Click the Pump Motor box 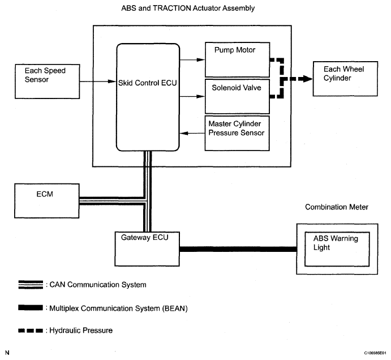coord(238,59)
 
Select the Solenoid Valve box coord(237,96)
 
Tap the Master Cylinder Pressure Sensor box coord(237,133)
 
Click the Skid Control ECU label coord(147,83)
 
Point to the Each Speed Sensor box coord(48,82)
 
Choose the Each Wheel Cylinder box coord(345,79)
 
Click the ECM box coord(47,201)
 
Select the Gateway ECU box coord(147,249)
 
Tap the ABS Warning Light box coord(337,249)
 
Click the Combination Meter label coord(337,207)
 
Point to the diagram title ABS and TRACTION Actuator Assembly coord(188,8)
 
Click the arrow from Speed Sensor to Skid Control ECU coord(98,82)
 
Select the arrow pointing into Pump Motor coord(192,59)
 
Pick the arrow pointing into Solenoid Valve coord(192,96)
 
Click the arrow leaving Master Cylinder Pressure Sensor coord(192,133)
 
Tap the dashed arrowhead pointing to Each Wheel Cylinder coord(306,79)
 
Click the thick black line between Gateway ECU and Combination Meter coord(238,249)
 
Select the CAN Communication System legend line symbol coord(31,285)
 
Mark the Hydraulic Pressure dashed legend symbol coord(31,331)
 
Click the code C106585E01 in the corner coord(375,353)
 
